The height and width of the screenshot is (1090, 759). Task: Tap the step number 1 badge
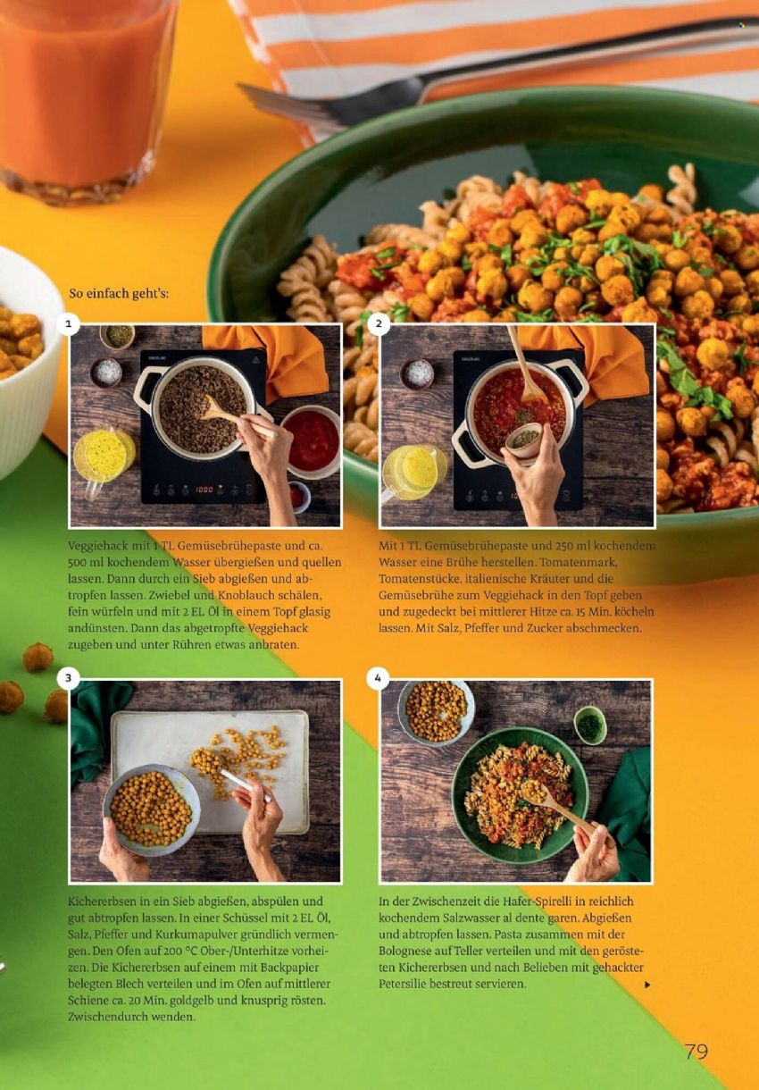(69, 324)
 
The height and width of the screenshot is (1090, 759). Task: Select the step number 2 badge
(379, 324)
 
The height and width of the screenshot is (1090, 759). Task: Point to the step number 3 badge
(69, 679)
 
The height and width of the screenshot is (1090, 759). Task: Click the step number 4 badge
(379, 679)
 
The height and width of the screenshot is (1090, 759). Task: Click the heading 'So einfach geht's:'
(119, 294)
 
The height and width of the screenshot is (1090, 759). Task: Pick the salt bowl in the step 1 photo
(105, 373)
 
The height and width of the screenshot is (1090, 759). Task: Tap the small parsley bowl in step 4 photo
(590, 725)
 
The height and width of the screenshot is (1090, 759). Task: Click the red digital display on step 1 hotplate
(204, 489)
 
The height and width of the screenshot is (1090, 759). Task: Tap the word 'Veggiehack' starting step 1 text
(96, 547)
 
